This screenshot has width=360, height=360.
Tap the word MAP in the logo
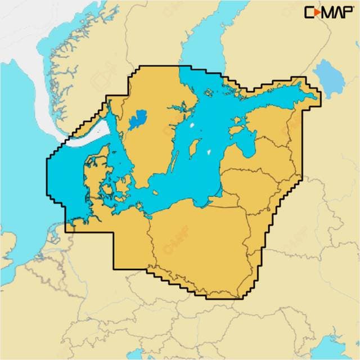point(335,12)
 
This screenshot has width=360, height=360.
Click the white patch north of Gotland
point(194,127)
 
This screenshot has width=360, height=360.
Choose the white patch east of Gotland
point(209,152)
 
